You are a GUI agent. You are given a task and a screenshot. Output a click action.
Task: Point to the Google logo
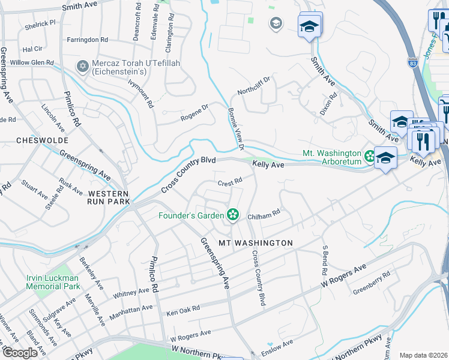tap(19, 353)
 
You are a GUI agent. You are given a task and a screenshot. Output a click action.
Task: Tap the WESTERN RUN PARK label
tap(108, 197)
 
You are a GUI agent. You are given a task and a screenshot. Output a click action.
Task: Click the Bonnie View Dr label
tap(236, 128)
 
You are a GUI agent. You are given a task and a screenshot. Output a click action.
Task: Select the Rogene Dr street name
tap(194, 113)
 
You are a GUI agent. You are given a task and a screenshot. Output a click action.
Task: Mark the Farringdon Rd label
tap(88, 40)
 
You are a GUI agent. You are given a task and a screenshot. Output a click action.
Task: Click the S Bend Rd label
tap(325, 256)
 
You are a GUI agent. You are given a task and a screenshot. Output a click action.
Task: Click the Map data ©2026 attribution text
tap(423, 355)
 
